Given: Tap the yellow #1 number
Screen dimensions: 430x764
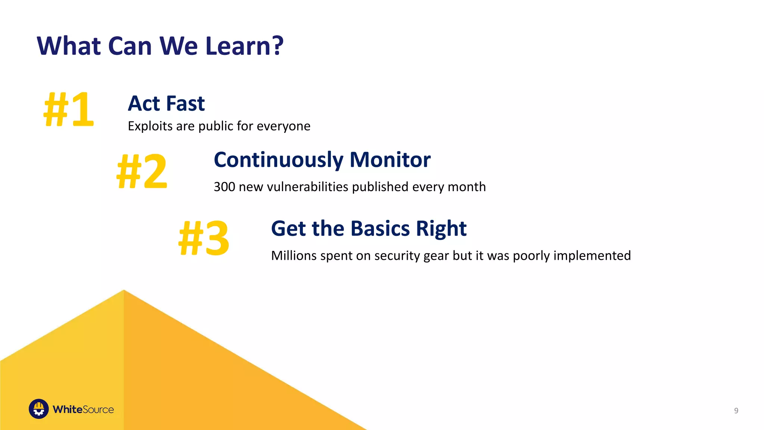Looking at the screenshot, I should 69,109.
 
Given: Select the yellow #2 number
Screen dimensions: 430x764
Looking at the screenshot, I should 142,171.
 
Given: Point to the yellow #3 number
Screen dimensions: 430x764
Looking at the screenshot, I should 204,238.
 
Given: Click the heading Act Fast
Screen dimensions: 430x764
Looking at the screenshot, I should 166,103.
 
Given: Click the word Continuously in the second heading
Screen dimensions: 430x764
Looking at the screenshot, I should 278,160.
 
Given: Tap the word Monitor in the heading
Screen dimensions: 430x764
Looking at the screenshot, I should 390,160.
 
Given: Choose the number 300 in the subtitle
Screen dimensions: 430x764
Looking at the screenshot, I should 224,187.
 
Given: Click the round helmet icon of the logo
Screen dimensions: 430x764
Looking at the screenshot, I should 39,409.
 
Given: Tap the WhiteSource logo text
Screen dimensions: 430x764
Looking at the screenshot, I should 83,409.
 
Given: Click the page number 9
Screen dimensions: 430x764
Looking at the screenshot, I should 736,411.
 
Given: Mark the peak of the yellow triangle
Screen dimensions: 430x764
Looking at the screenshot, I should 124,290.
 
